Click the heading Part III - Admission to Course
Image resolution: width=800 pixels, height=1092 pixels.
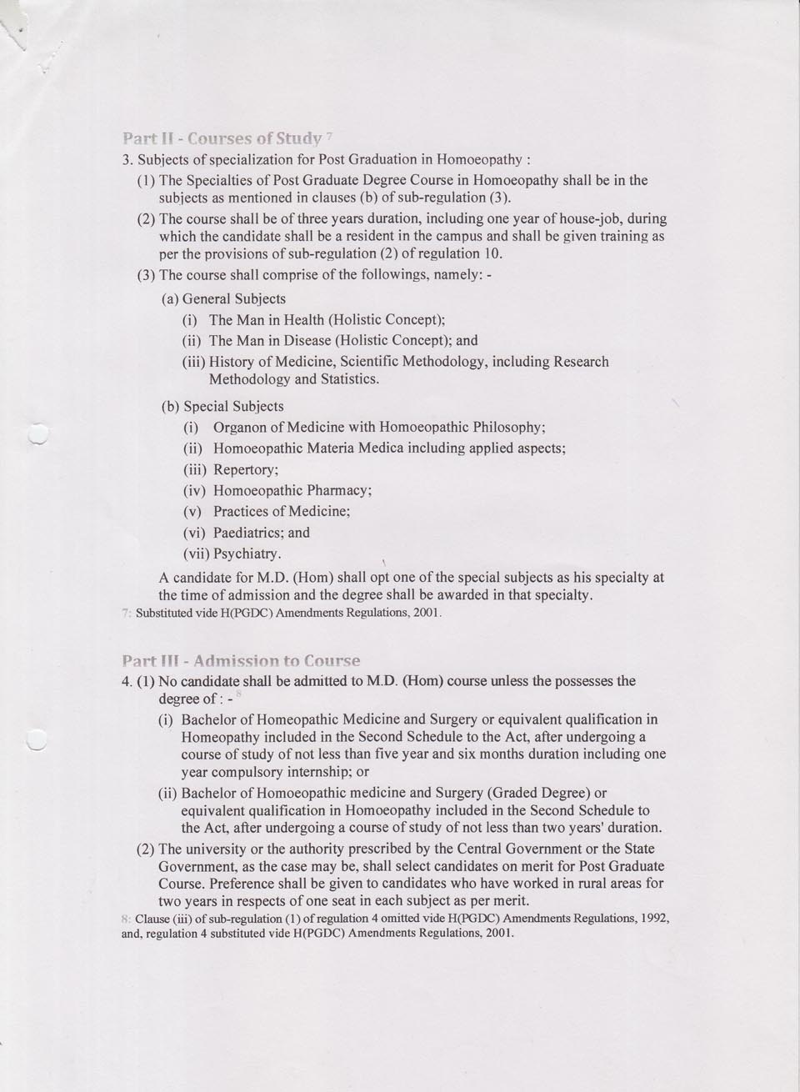click(x=241, y=661)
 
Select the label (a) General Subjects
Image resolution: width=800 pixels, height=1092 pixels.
click(x=223, y=298)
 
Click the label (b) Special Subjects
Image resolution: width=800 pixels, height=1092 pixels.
click(x=222, y=406)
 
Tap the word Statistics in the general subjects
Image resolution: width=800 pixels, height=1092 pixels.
click(x=350, y=379)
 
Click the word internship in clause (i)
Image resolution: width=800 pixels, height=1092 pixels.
click(x=316, y=772)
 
